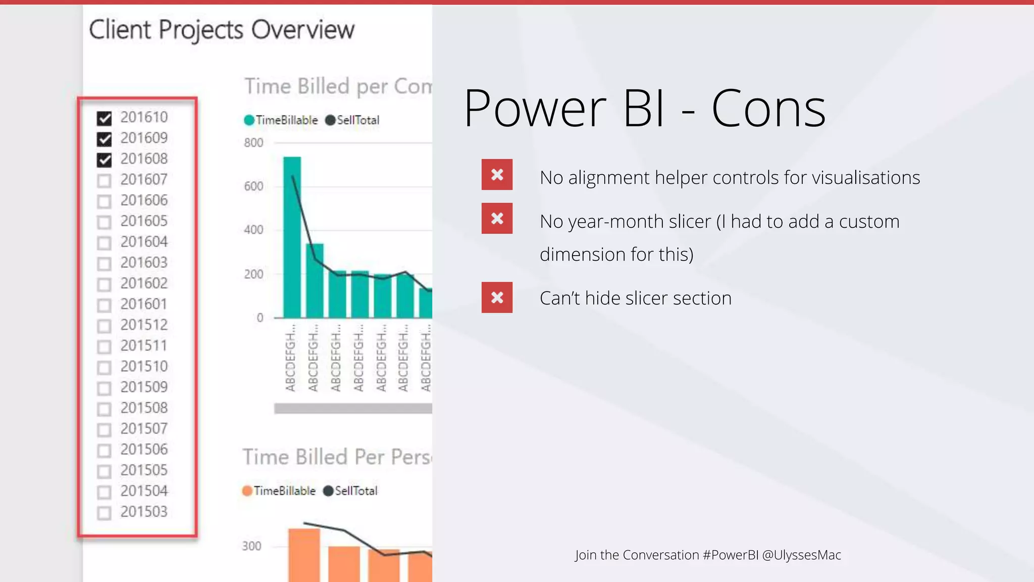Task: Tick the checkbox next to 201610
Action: (105, 118)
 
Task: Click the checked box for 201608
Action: (105, 160)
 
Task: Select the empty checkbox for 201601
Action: (105, 305)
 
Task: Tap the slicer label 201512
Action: (144, 325)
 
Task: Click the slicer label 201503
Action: (144, 512)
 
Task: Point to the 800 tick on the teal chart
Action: (253, 143)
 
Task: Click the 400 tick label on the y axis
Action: (253, 230)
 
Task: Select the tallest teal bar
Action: (292, 237)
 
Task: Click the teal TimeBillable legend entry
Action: (281, 120)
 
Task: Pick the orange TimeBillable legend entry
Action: (279, 491)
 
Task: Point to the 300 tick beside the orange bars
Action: (251, 546)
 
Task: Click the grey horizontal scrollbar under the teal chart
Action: (352, 409)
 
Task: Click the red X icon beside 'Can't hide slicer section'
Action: (497, 298)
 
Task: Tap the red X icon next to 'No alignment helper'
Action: (497, 175)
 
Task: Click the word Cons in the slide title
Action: (768, 109)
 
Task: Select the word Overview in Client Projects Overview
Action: (303, 30)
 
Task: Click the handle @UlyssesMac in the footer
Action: (801, 555)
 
